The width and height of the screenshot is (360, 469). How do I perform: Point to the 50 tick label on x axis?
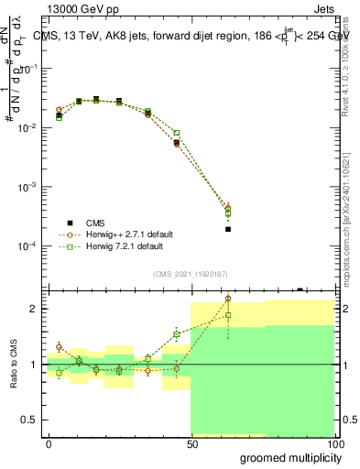pyautogui.click(x=191, y=443)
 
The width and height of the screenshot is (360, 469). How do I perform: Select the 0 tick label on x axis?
pyautogui.click(x=49, y=443)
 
